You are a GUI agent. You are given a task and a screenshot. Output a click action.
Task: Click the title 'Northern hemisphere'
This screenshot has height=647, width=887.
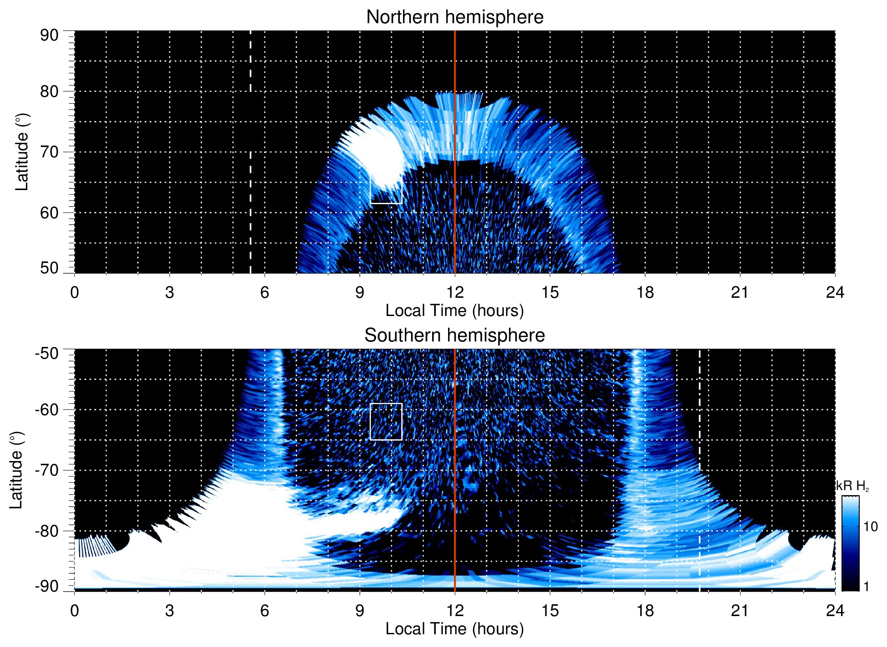tap(454, 17)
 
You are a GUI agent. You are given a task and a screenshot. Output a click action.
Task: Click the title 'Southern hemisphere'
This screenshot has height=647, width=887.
tap(454, 336)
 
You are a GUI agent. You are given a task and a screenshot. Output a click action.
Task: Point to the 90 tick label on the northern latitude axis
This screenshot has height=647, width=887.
tap(49, 35)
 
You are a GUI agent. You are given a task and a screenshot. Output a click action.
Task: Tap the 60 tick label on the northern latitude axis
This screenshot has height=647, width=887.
tap(49, 213)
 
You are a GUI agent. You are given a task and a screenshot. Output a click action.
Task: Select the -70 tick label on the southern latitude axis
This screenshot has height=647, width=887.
tap(46, 470)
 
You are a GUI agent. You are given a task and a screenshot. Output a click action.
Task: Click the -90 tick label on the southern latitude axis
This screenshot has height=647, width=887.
tap(46, 587)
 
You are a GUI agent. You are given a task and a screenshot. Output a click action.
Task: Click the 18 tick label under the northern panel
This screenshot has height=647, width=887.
tap(645, 292)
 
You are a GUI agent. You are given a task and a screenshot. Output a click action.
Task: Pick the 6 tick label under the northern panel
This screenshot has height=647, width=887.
tap(264, 292)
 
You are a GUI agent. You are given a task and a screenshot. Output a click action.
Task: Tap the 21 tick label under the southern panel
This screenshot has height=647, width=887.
tap(740, 611)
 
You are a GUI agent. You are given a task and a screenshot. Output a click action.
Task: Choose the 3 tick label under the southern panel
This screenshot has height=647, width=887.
tap(169, 611)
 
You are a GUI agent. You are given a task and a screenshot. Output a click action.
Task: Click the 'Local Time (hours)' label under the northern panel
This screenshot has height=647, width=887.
tap(454, 311)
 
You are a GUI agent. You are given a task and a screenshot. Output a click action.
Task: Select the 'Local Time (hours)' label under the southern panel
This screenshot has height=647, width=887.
tap(454, 629)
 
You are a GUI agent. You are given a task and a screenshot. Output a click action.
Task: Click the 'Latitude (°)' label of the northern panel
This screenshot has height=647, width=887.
tap(22, 152)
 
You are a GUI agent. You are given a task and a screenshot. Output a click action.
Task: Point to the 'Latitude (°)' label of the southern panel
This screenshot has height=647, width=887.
tap(16, 470)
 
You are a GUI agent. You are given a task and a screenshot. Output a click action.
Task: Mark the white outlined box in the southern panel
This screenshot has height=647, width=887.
tap(386, 421)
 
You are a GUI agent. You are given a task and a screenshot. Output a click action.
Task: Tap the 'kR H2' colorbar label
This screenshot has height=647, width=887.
tap(852, 486)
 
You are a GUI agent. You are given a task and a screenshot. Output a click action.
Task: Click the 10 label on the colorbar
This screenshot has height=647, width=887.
tap(870, 527)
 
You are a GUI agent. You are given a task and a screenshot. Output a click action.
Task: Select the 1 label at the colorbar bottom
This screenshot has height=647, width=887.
tap(866, 587)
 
